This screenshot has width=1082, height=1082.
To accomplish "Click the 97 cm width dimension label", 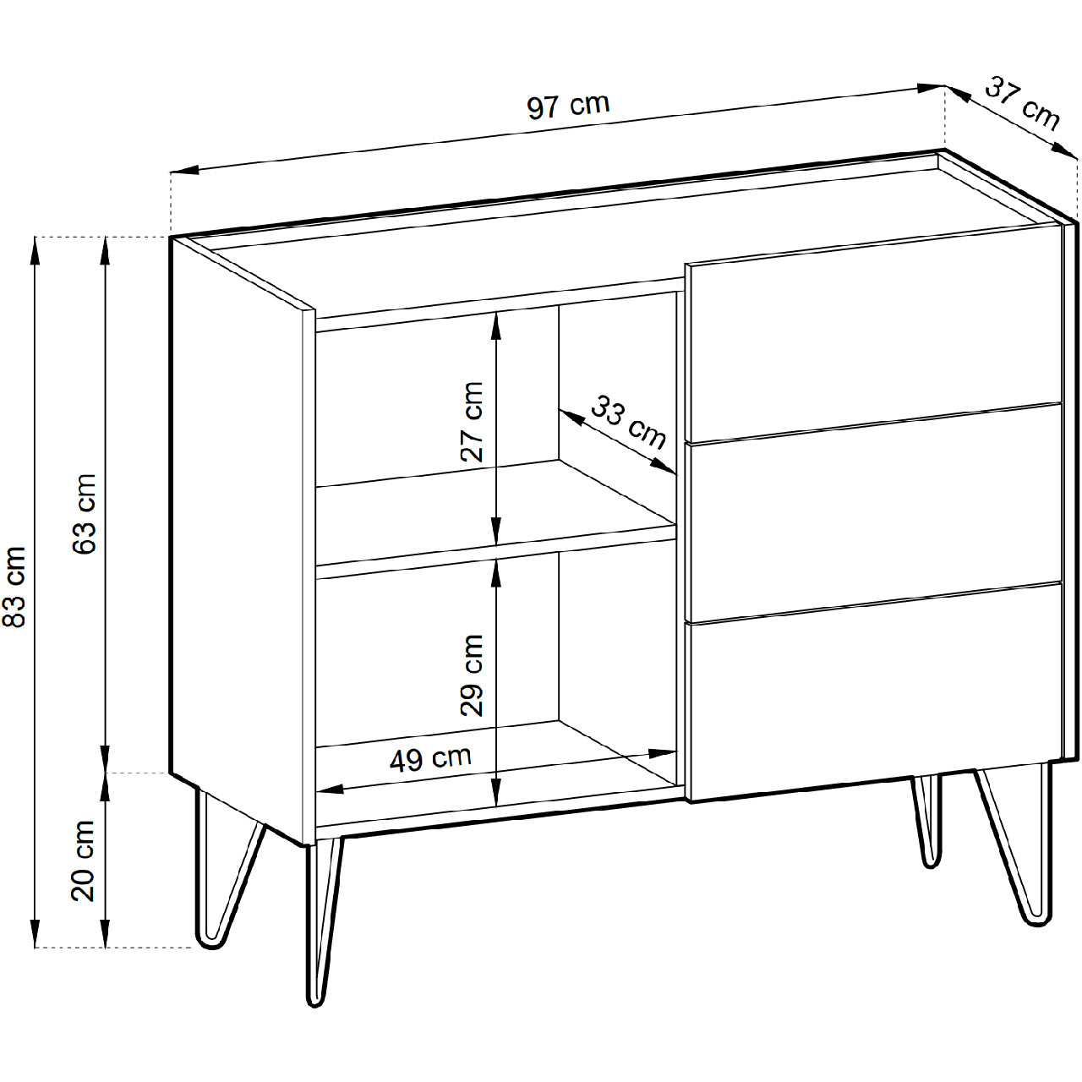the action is [568, 106].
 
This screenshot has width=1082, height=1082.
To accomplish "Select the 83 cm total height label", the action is [14, 586].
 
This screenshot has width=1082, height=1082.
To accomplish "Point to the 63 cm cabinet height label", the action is [85, 514].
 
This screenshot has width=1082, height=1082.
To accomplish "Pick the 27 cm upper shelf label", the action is [472, 422].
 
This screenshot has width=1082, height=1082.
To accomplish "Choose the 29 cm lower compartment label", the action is [472, 676].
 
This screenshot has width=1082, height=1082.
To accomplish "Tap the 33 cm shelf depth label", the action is [629, 422].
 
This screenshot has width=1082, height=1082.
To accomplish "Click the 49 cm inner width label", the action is [430, 759].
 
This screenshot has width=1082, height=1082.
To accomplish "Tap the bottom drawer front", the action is [875, 693].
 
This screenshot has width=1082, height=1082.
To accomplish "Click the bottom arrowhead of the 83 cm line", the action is [35, 934].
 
